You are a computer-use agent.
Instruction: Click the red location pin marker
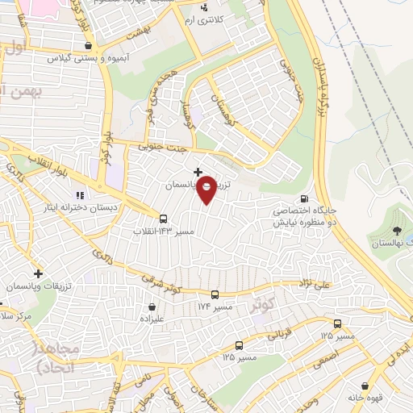[207, 189]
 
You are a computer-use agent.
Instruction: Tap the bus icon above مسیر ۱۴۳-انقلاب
[164, 218]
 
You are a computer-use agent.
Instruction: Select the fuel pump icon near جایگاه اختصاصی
[303, 199]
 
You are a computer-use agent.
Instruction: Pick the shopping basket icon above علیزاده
[152, 307]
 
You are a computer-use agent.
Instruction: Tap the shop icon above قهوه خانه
[367, 386]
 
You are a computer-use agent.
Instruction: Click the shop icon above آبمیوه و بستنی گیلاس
[87, 46]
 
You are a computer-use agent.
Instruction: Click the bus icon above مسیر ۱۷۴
[215, 294]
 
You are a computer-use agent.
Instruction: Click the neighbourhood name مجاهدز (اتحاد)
[56, 356]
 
